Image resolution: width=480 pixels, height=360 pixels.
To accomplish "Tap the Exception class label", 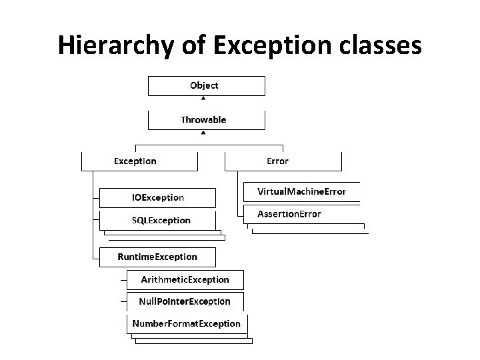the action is coord(135,161).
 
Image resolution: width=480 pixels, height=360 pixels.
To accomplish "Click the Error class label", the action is coord(277,161).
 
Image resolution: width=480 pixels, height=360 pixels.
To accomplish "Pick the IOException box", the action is coord(157,197).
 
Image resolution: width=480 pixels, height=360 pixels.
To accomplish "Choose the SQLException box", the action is coord(157,220).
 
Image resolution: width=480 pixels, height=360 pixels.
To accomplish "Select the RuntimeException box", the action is coord(157,257).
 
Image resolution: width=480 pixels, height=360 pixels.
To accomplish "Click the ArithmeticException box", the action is coord(185,279).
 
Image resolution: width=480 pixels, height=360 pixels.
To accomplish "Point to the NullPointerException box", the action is coord(185,301).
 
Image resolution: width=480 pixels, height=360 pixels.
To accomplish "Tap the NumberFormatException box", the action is coord(186,323).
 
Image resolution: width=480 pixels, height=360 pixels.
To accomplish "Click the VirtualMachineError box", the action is coord(301,191).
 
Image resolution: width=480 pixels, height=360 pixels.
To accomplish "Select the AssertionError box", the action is coord(301,214).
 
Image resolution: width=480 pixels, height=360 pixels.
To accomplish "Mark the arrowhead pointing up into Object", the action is coord(203,98).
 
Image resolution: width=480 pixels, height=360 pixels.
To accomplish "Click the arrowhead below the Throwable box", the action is coord(203,133).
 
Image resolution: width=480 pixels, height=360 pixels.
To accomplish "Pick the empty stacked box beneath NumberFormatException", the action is coord(193,341).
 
